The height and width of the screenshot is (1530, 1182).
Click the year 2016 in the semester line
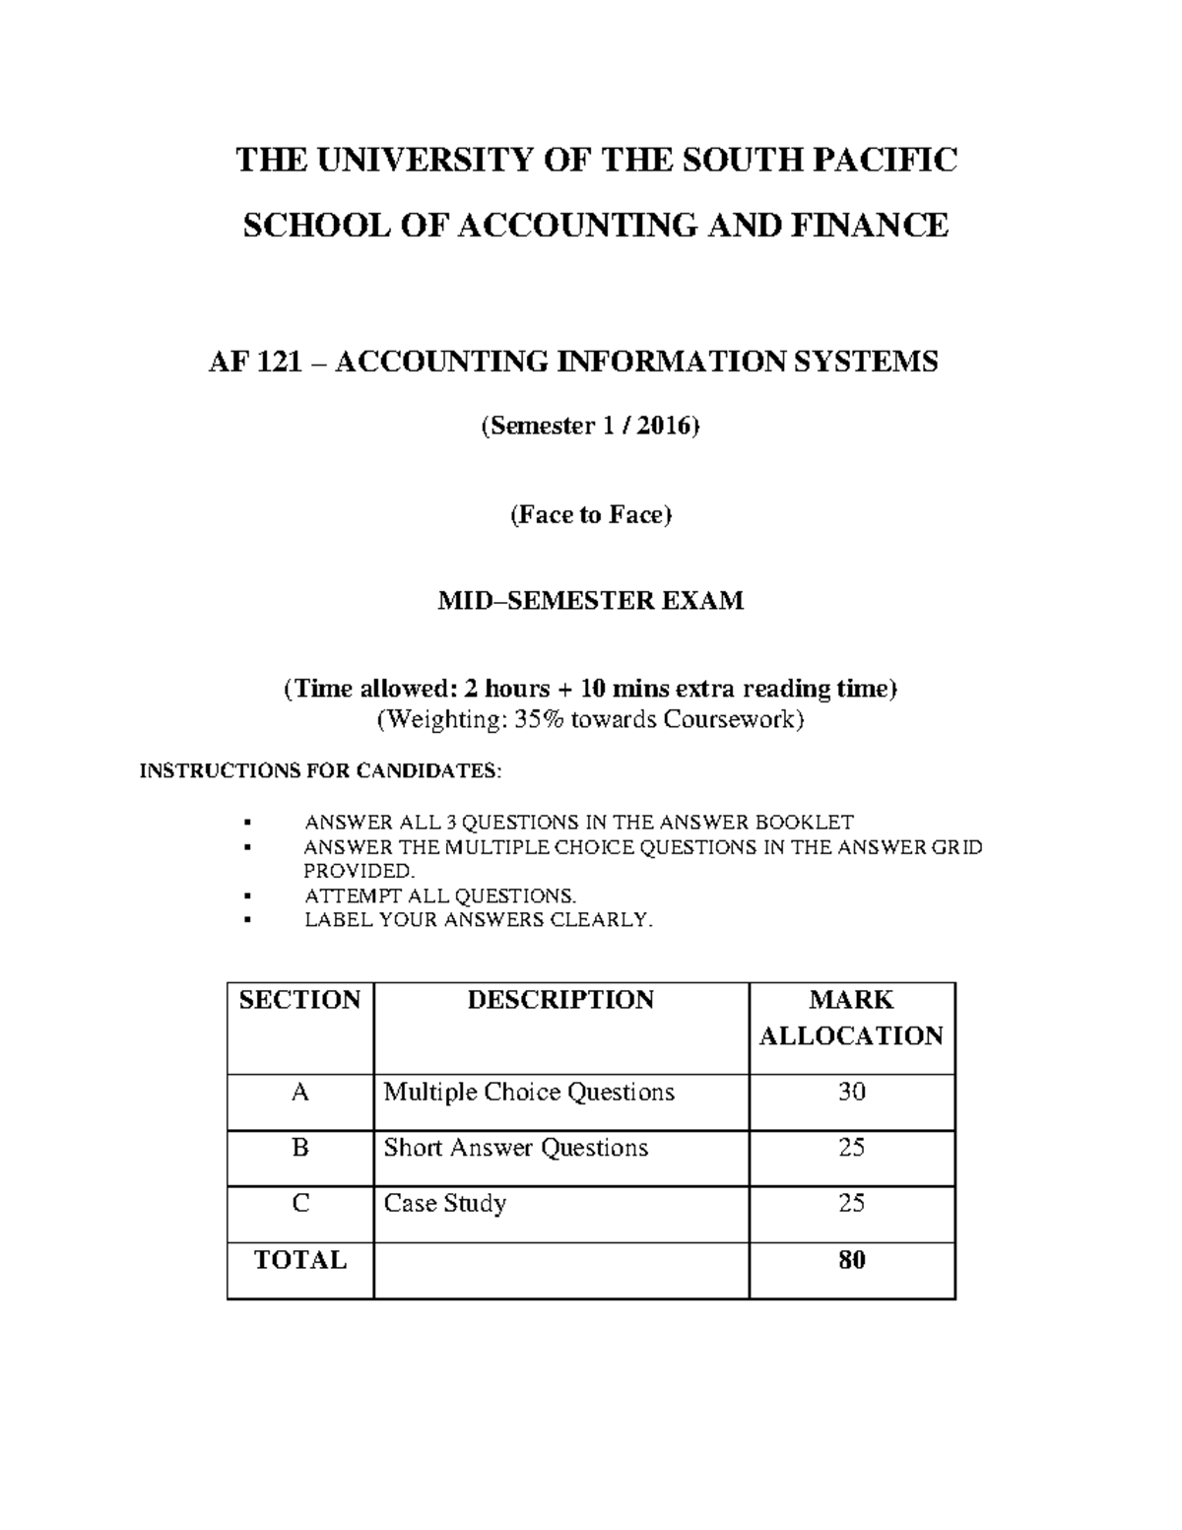[x=663, y=427]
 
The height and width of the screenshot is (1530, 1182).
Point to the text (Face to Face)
[x=590, y=515]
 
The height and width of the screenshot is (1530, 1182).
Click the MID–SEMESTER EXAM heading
[x=590, y=600]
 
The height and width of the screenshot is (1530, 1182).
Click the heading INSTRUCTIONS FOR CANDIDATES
[x=320, y=770]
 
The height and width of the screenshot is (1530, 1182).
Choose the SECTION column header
[x=299, y=1000]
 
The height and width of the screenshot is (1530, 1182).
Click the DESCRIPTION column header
[x=559, y=1000]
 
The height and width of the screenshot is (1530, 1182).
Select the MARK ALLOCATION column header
[x=851, y=1018]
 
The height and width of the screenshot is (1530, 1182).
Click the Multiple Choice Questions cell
[x=528, y=1092]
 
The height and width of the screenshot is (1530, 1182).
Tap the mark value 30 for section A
[x=851, y=1092]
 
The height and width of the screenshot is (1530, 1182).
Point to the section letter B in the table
[x=300, y=1148]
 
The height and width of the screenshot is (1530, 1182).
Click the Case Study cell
[x=444, y=1204]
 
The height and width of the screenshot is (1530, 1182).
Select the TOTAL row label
[x=299, y=1260]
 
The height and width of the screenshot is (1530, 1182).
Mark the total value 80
[x=851, y=1260]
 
